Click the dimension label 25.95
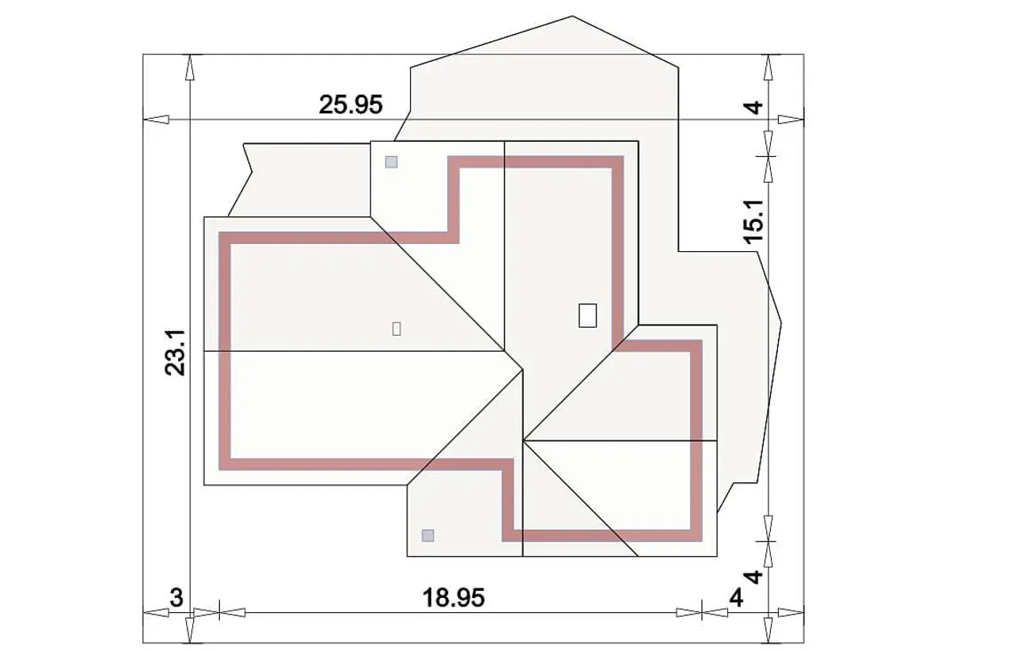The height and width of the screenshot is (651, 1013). (x=351, y=105)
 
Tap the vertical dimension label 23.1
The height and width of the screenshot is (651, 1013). (x=175, y=352)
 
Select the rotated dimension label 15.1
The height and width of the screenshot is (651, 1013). (x=754, y=222)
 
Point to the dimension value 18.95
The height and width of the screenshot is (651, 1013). (x=453, y=597)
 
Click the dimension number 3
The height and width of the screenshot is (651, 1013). (x=176, y=597)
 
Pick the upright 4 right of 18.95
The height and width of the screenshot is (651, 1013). (x=736, y=598)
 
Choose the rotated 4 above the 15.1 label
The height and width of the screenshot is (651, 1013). (x=754, y=108)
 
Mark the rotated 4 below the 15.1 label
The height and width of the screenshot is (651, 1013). (x=754, y=577)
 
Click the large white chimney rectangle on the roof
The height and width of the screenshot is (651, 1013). (x=587, y=315)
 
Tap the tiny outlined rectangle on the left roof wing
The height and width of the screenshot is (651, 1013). (x=396, y=329)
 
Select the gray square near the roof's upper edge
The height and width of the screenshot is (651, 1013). (x=391, y=162)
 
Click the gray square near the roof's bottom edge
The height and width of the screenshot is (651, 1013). (x=427, y=535)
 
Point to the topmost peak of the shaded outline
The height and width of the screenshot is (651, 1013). (x=572, y=17)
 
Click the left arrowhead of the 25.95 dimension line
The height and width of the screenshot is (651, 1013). (x=156, y=120)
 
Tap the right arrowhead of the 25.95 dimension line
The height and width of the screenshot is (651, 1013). (x=791, y=120)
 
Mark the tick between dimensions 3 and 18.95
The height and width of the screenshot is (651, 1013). (x=219, y=614)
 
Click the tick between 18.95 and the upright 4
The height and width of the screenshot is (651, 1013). (x=702, y=614)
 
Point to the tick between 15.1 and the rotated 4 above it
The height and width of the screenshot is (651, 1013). (x=768, y=157)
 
